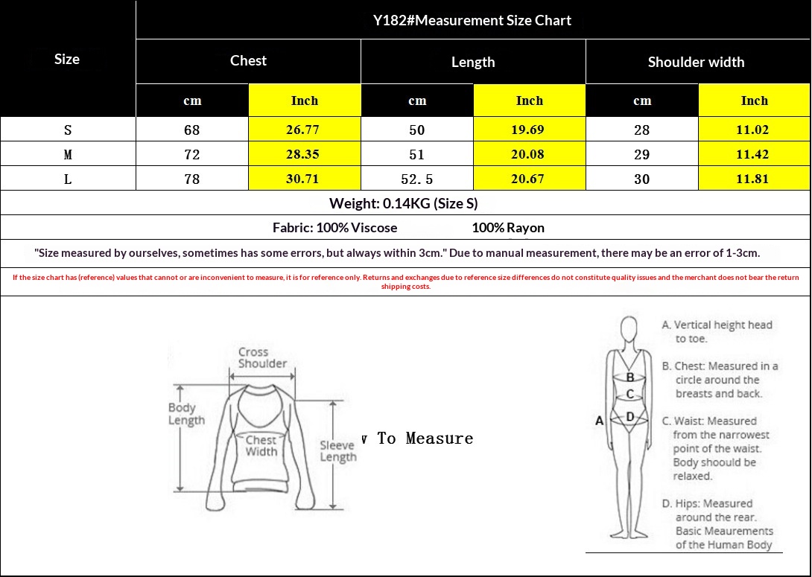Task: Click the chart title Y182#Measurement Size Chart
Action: pos(472,20)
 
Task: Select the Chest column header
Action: pos(248,60)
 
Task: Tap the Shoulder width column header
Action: pos(696,62)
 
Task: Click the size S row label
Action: pos(68,130)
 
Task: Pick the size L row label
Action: pos(68,179)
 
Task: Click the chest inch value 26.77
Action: pos(303,130)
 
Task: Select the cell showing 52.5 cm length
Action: pos(417,179)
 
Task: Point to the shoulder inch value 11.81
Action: pos(752,179)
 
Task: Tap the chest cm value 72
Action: pos(191,154)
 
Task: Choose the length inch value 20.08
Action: pos(527,154)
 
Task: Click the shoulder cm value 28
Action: pos(641,130)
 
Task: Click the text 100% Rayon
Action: pos(508,228)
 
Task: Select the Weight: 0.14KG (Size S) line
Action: pos(404,203)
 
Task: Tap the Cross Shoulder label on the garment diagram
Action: pos(262,357)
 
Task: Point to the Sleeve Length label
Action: pos(338,450)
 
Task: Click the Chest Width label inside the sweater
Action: pos(261,445)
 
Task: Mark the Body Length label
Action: pos(186,414)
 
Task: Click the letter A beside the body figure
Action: pos(599,421)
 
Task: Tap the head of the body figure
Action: pos(629,328)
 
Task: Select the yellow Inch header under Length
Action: pos(529,101)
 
